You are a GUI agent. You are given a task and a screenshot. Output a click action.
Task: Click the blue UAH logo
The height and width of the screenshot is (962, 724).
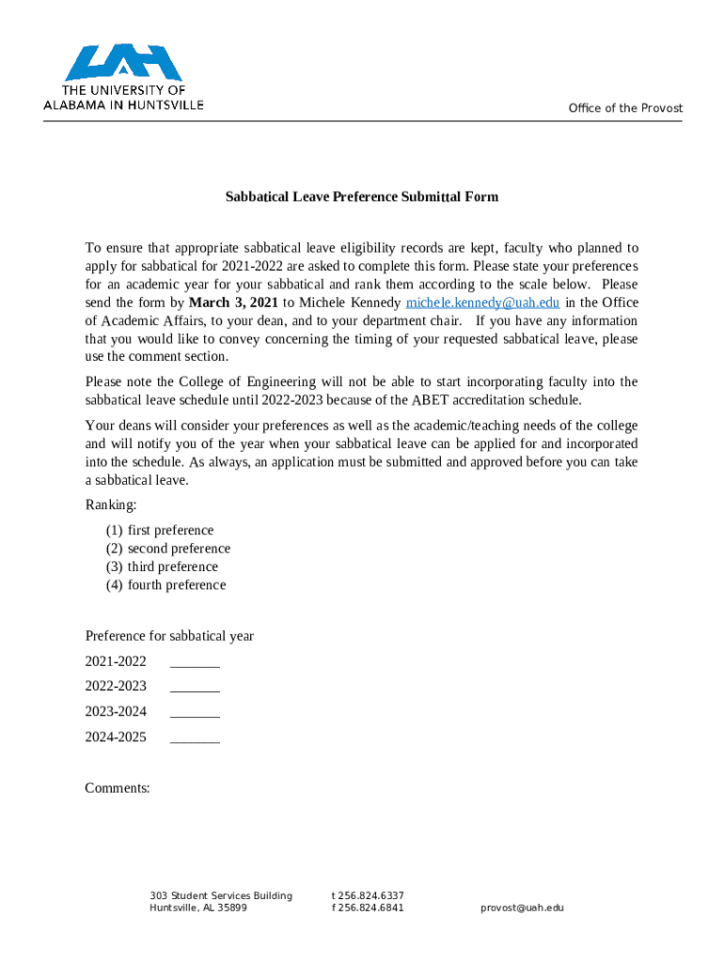coord(123,64)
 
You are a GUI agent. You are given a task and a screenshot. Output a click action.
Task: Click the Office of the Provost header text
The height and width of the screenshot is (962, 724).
coord(625,108)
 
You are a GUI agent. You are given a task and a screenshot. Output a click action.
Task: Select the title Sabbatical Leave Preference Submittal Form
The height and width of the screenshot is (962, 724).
coord(361,197)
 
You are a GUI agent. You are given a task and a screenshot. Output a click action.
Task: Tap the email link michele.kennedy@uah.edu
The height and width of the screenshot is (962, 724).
coord(482,303)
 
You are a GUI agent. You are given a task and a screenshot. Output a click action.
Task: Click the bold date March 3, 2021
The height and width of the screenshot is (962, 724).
coord(234,303)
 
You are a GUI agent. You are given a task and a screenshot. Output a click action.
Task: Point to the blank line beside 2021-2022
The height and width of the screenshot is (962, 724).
coord(195,663)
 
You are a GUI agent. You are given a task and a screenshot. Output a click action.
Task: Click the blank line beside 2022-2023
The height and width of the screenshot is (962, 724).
coord(195,689)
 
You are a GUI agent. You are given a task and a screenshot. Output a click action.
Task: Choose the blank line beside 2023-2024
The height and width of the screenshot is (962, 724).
coord(195,714)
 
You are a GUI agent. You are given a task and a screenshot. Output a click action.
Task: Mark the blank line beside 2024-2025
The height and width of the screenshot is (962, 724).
coord(195,739)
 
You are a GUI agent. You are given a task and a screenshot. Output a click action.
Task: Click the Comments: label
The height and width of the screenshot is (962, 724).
coord(118,788)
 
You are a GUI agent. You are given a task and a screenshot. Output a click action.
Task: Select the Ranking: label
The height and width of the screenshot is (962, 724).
coord(111,505)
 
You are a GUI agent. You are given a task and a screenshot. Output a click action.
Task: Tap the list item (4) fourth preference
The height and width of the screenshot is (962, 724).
coord(165,585)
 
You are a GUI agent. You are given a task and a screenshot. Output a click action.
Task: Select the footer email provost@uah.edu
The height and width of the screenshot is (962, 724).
coord(522,908)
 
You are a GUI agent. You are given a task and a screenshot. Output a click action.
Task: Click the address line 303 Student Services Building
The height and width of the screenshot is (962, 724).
coord(221,895)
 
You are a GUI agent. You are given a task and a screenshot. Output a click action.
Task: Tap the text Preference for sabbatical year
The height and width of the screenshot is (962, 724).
coord(169,636)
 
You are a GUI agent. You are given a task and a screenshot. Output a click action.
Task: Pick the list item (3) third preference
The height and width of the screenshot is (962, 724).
coord(162,567)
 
